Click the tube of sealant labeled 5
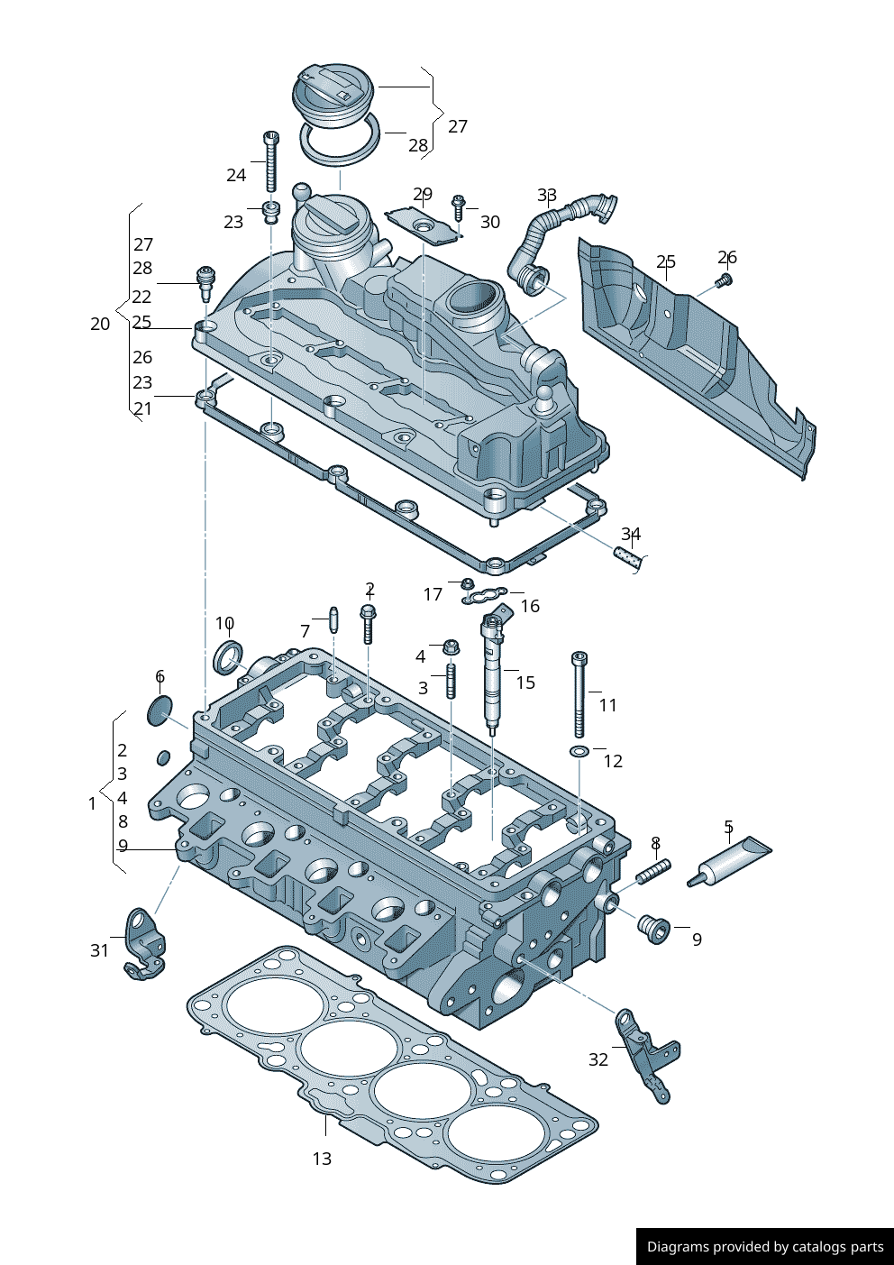[732, 860]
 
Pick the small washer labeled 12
[579, 751]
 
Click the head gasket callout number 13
[322, 1159]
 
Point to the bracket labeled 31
[144, 945]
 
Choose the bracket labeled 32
[647, 1055]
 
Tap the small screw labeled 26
[724, 281]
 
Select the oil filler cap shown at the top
[333, 93]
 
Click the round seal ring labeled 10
[227, 657]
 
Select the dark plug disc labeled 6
[159, 710]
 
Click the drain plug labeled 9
[653, 928]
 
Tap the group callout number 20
[100, 324]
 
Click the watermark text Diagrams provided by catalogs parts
[765, 1247]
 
